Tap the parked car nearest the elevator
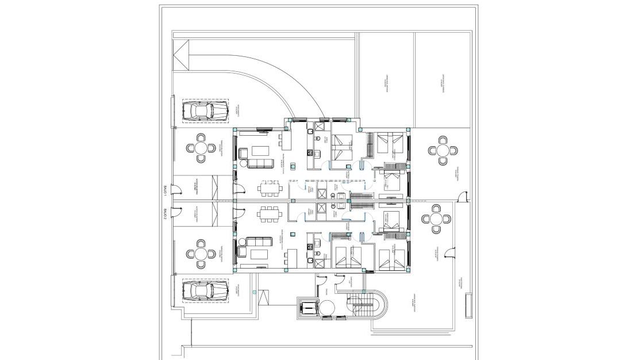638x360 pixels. [204, 292]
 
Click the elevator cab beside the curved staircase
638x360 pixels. [309, 308]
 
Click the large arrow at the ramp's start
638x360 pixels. [181, 56]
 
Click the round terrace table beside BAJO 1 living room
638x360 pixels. [201, 148]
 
